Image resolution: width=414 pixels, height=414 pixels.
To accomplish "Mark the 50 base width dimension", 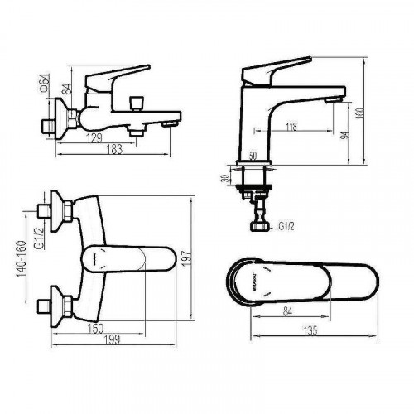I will point(253,156).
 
